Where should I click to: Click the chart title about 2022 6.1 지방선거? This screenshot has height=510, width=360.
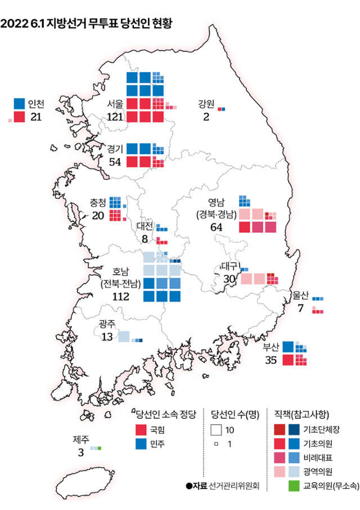[87, 24]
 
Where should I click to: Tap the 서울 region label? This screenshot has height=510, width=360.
[114, 104]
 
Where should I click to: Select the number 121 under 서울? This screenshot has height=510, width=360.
[114, 117]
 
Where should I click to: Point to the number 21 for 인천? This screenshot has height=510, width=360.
[36, 117]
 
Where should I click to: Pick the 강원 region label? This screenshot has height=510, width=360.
[206, 104]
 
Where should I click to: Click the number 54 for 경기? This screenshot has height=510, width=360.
[115, 162]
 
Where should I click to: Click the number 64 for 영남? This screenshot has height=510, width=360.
[216, 227]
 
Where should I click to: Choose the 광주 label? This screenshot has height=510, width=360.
[107, 324]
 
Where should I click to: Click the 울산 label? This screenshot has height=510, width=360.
[301, 295]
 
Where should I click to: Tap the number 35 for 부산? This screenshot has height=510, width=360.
[271, 360]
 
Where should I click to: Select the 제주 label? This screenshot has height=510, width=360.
[80, 439]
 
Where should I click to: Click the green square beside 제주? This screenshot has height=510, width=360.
[100, 448]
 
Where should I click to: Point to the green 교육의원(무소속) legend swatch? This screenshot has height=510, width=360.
[294, 484]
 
